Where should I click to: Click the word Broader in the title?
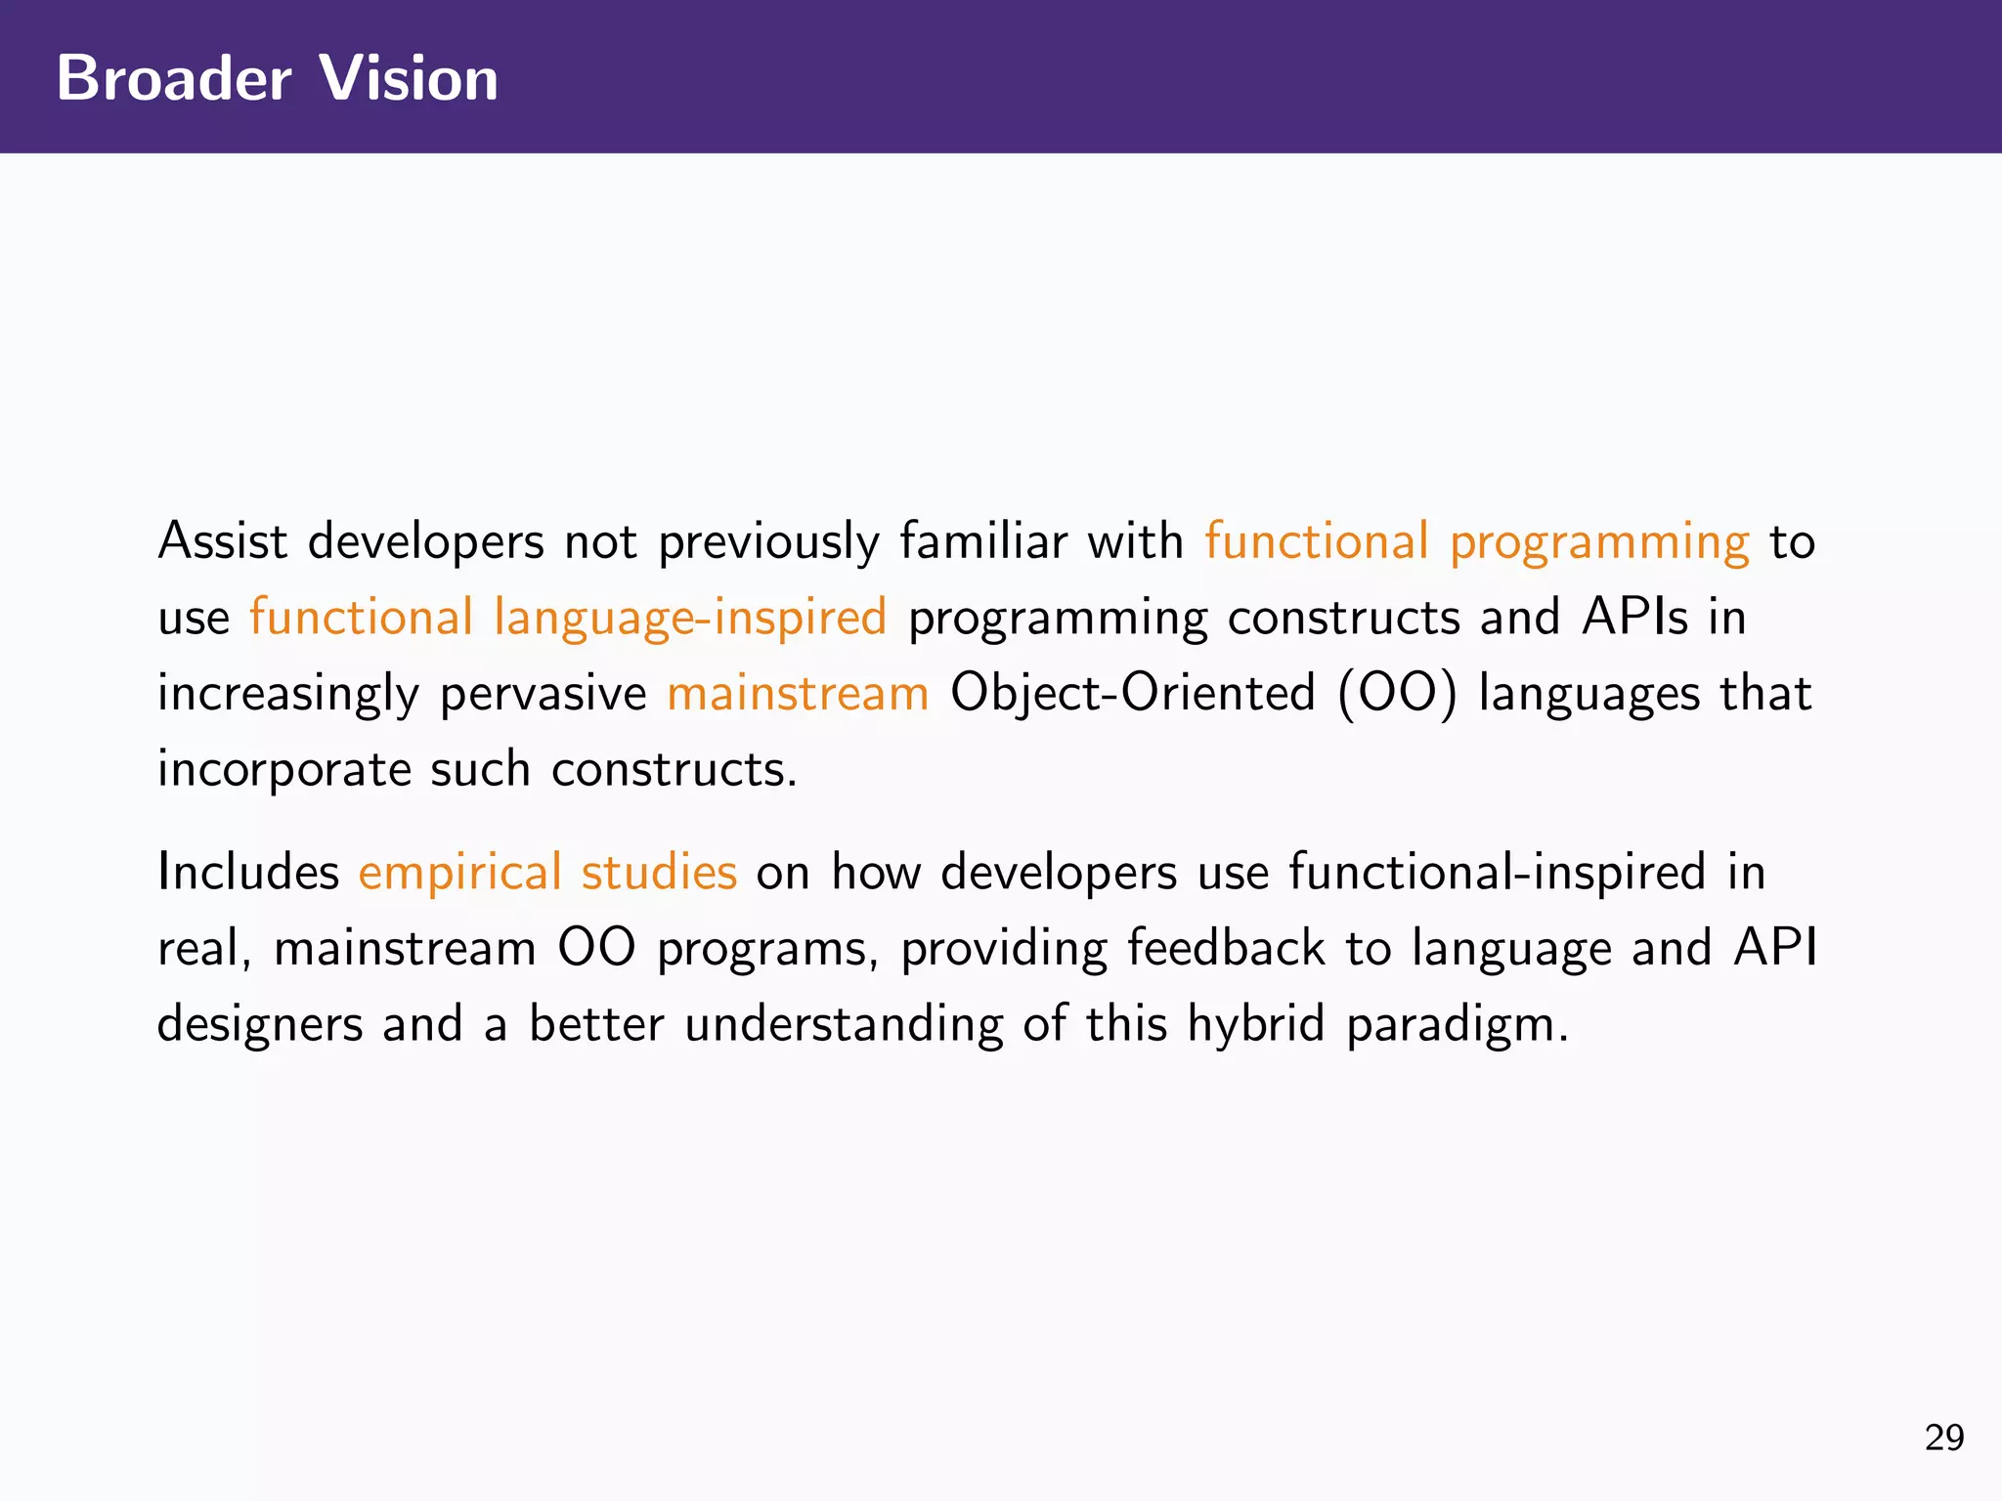(x=174, y=78)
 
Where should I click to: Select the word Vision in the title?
(x=409, y=78)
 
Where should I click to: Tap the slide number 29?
(x=1943, y=1437)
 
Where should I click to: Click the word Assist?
(x=223, y=540)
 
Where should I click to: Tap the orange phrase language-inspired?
(x=690, y=618)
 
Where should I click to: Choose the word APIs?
(x=1635, y=617)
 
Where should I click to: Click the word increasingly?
(x=288, y=694)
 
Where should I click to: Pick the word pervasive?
(x=544, y=694)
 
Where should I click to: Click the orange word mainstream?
(x=798, y=694)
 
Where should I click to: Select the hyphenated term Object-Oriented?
(x=1133, y=694)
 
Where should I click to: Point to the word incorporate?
(x=284, y=770)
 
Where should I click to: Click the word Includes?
(x=248, y=872)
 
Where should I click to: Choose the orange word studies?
(x=659, y=872)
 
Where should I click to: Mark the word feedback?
(x=1226, y=948)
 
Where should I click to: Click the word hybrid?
(x=1256, y=1024)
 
